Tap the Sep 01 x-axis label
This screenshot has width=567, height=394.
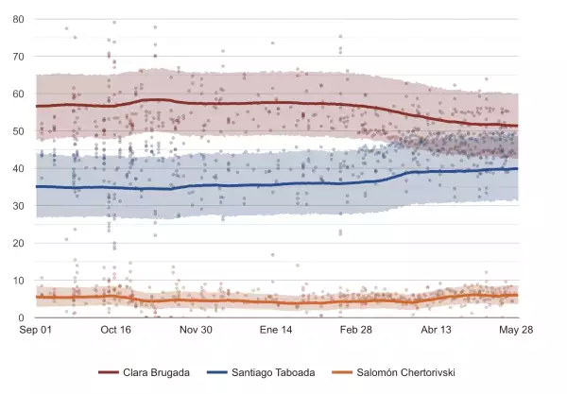click(36, 331)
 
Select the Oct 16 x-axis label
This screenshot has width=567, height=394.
click(115, 331)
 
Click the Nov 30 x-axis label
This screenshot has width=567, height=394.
click(196, 331)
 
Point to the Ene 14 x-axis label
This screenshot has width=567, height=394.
click(277, 331)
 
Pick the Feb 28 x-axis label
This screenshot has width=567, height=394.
click(357, 331)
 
